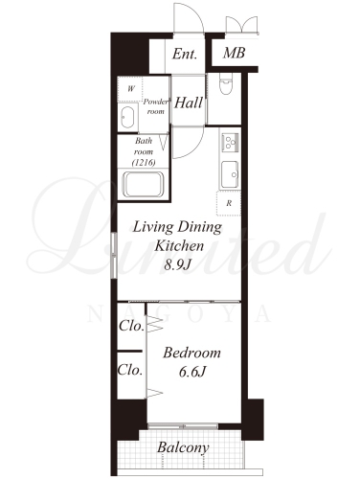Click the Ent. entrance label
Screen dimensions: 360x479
pyautogui.click(x=185, y=54)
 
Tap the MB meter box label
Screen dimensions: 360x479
pyautogui.click(x=234, y=53)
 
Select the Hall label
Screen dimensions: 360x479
pyautogui.click(x=189, y=103)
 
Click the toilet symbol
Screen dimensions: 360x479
pyautogui.click(x=226, y=84)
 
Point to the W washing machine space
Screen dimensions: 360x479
pyautogui.click(x=130, y=89)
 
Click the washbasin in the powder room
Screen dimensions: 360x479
pyautogui.click(x=127, y=117)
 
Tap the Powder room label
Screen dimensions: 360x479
pyautogui.click(x=155, y=106)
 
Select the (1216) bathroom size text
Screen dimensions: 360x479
pyautogui.click(x=144, y=163)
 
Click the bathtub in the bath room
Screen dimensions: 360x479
pyautogui.click(x=144, y=185)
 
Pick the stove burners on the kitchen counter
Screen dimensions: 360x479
pyautogui.click(x=231, y=143)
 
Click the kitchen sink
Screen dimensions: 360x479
pyautogui.click(x=230, y=174)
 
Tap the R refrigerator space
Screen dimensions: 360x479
pyautogui.click(x=229, y=203)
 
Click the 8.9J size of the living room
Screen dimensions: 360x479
pyautogui.click(x=177, y=264)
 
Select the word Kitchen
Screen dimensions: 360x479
pyautogui.click(x=179, y=245)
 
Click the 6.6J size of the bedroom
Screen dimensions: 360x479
pyautogui.click(x=192, y=372)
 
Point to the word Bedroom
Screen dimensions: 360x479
pyautogui.click(x=191, y=353)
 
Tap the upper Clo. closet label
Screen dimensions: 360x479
pyautogui.click(x=131, y=326)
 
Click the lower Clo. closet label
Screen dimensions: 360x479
pyautogui.click(x=130, y=370)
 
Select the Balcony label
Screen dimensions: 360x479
pyautogui.click(x=183, y=447)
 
